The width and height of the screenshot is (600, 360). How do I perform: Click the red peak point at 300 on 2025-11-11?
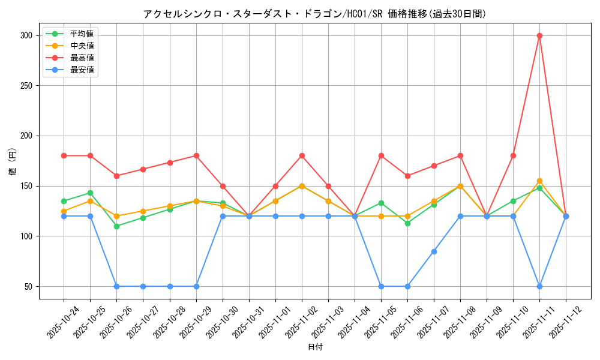(x=539, y=35)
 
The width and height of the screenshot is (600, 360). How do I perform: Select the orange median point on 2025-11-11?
(x=539, y=181)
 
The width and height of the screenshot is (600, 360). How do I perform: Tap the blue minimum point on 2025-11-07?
(x=434, y=251)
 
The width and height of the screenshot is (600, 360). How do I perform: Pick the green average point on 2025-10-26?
(x=116, y=226)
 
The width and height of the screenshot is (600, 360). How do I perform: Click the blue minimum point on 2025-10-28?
(x=170, y=286)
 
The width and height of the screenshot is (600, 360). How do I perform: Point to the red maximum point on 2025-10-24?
(x=64, y=156)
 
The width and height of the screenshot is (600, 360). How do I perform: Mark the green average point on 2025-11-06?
(x=407, y=223)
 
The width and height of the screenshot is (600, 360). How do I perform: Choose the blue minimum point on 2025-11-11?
(x=539, y=286)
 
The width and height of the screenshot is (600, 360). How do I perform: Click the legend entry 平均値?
(x=82, y=34)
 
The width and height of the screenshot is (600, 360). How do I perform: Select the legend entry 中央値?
(x=82, y=46)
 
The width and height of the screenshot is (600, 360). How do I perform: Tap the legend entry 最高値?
(x=82, y=58)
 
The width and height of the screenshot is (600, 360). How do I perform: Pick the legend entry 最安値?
(x=82, y=70)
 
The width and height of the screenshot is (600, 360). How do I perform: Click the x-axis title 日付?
(x=315, y=347)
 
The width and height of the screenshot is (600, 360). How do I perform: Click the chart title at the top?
(x=315, y=13)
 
